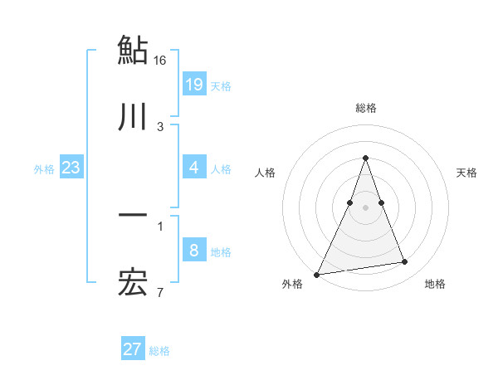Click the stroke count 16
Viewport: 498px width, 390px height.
tap(160, 61)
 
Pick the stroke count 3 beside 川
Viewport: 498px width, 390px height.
tap(160, 127)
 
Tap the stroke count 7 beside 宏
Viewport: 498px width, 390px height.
tap(160, 293)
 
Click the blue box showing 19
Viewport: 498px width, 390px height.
tap(193, 85)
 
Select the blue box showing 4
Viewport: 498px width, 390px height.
tap(193, 168)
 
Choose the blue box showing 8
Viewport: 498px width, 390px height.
tap(193, 251)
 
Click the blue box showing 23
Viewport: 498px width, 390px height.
tap(71, 168)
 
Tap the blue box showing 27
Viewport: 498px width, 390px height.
tap(132, 349)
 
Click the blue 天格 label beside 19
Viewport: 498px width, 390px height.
tap(221, 85)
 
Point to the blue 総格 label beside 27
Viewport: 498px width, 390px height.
tap(159, 350)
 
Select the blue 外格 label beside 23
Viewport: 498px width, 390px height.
tap(44, 168)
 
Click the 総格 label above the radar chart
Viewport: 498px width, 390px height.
tap(365, 108)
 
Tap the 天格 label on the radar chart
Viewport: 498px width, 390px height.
tap(467, 173)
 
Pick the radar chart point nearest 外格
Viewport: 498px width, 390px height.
tap(317, 274)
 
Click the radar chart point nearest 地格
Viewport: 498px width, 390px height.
tap(405, 262)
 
